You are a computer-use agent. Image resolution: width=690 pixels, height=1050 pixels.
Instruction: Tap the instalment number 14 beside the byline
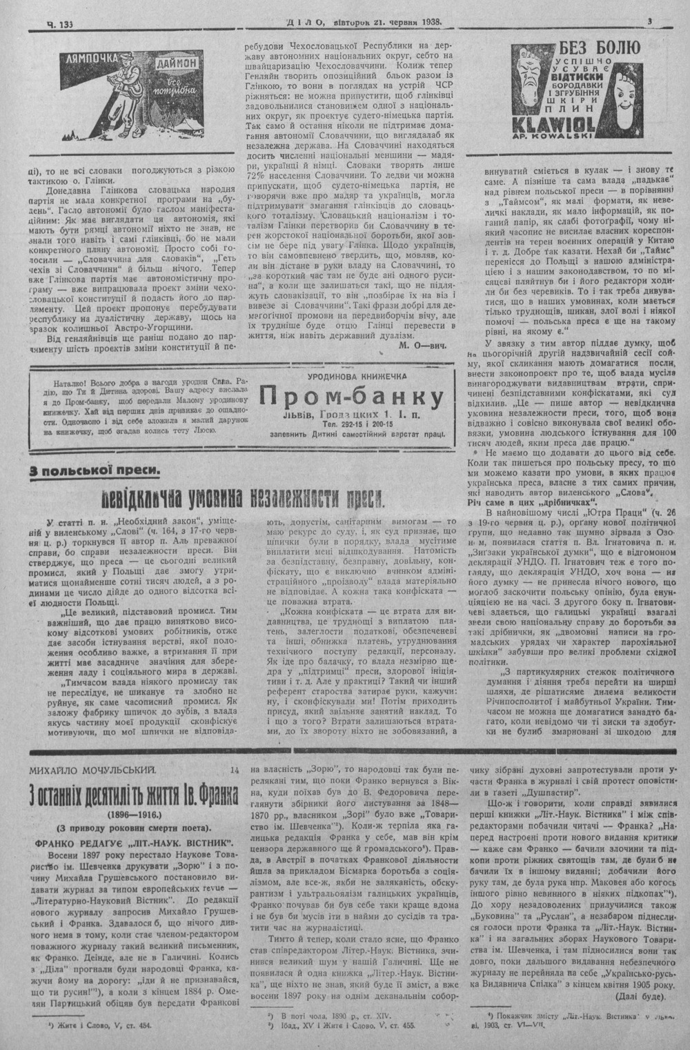pyautogui.click(x=235, y=768)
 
